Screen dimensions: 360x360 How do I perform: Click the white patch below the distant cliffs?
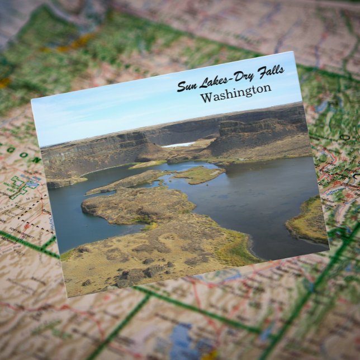click(x=179, y=145)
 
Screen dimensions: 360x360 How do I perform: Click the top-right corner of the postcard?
click(x=293, y=52)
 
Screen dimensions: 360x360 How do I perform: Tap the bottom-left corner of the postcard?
click(x=67, y=297)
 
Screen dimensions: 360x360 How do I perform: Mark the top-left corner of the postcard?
click(x=31, y=99)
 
